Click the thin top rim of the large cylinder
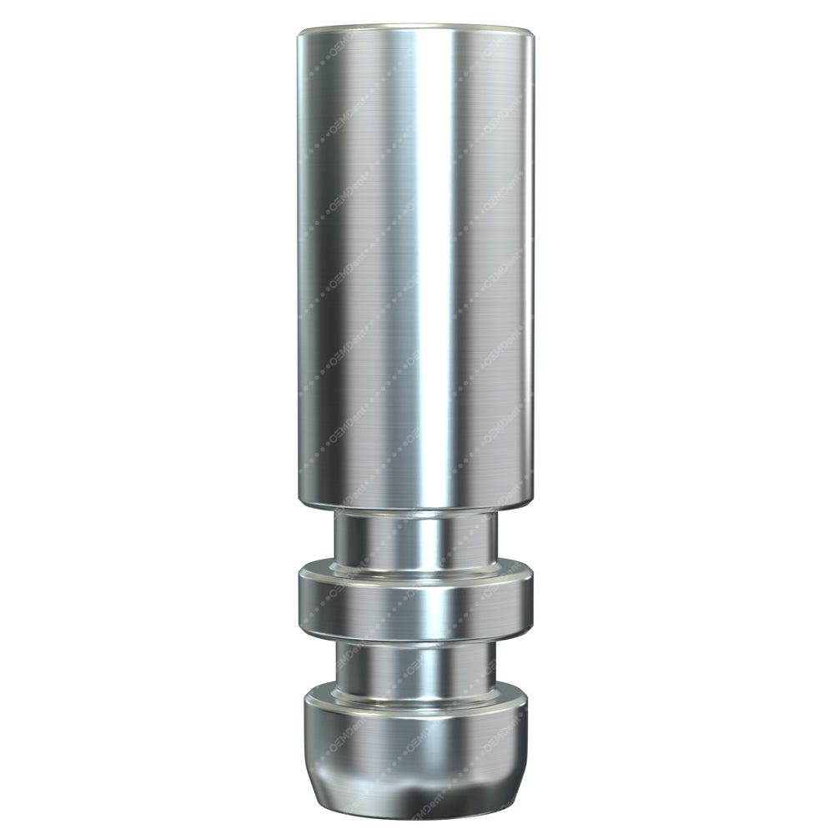415,29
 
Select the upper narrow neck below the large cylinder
415,538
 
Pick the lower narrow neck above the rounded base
415,667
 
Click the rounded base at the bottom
415,742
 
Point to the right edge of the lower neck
495,667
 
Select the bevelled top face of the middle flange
415,571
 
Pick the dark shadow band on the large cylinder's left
321,267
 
